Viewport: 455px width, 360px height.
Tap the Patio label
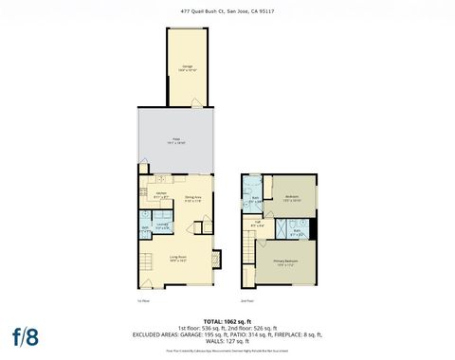[x=176, y=140]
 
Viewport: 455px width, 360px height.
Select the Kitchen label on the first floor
[x=161, y=195]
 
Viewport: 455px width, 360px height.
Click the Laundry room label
[x=163, y=225]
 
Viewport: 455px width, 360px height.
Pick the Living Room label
[x=177, y=258]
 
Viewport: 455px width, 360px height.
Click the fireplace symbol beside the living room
[x=218, y=257]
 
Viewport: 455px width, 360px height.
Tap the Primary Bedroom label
[x=285, y=262]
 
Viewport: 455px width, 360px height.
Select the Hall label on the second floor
[x=257, y=224]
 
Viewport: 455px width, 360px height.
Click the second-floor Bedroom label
[x=292, y=198]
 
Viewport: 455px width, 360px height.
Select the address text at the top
[x=227, y=11]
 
